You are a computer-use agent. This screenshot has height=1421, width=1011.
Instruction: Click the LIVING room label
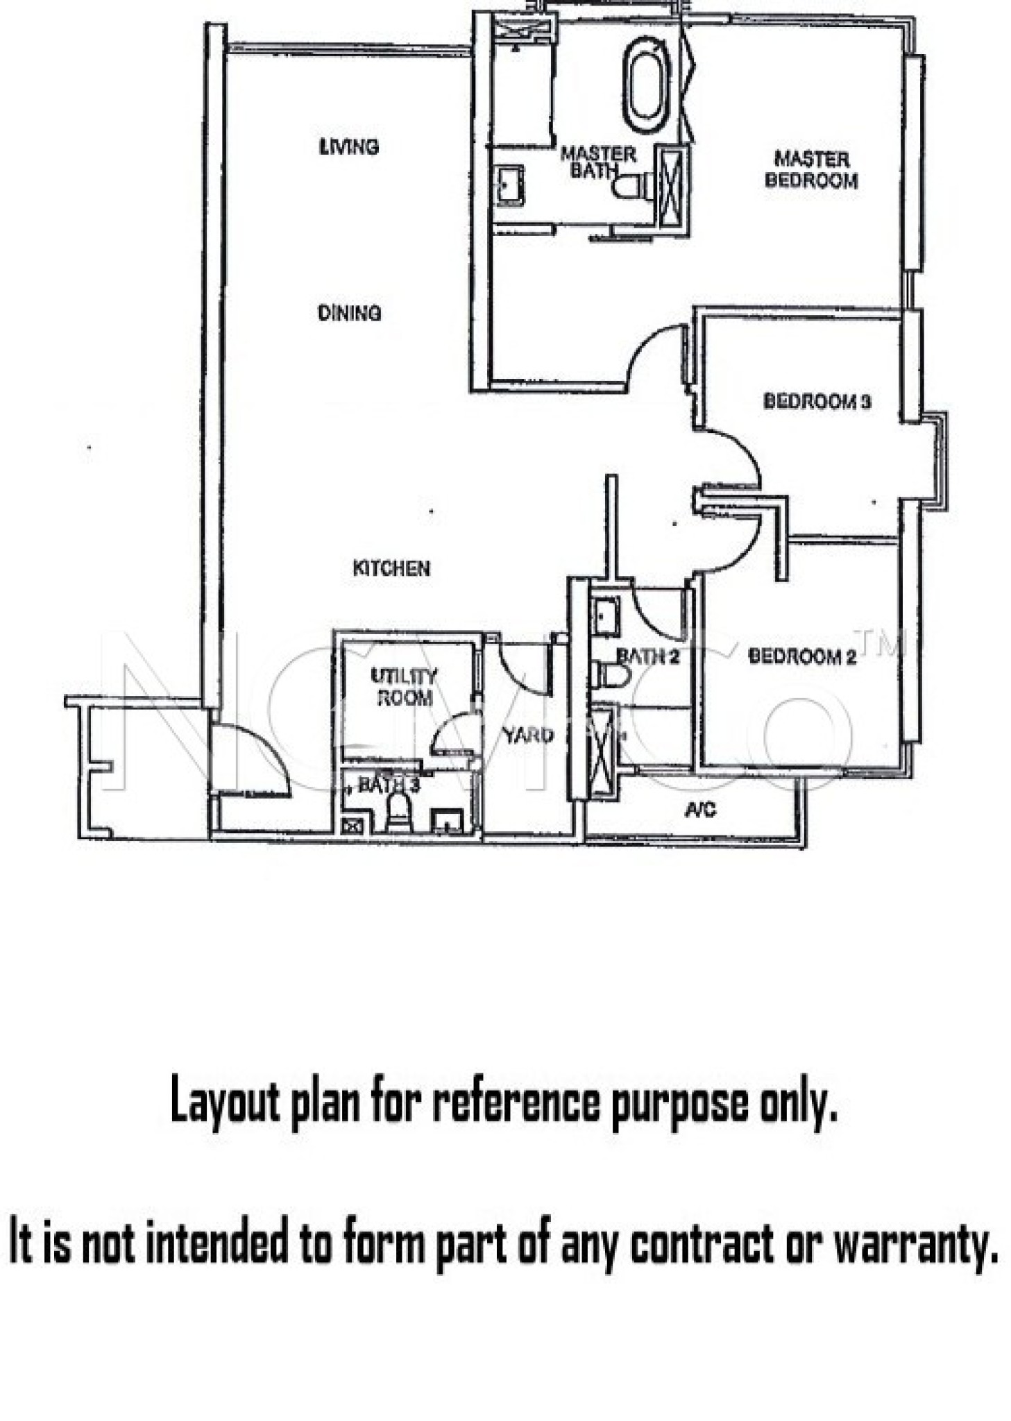pos(348,146)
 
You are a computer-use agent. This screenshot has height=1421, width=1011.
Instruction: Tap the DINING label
pos(348,313)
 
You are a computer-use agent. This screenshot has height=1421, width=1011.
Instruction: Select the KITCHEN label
pos(391,568)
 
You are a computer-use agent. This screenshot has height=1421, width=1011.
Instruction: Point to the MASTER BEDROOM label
pos(810,169)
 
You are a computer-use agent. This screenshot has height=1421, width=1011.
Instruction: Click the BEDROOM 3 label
pos(816,401)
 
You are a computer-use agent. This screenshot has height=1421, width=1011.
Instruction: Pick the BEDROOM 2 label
pos(802,656)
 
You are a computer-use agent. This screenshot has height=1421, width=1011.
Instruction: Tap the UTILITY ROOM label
pos(404,686)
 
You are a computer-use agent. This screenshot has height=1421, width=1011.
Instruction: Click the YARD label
pos(528,735)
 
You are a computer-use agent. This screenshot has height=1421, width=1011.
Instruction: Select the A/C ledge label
pos(700,810)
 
